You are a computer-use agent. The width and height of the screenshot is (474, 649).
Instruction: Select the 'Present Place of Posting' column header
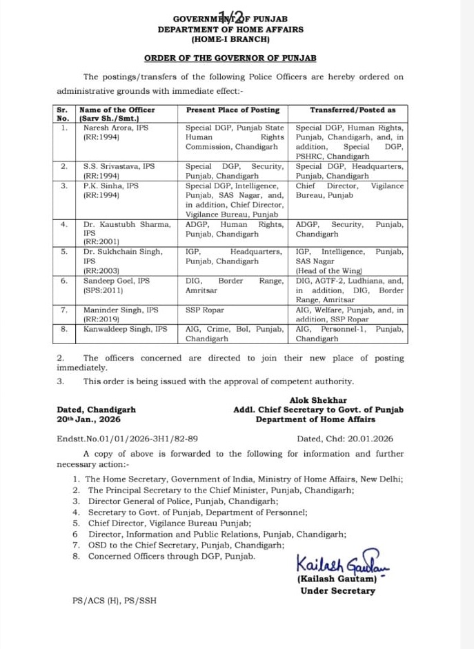233,110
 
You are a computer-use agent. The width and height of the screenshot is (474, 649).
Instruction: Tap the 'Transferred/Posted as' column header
352,110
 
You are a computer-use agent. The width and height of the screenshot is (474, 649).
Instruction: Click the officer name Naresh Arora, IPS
116,128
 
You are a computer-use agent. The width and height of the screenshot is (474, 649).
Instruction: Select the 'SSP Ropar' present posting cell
204,310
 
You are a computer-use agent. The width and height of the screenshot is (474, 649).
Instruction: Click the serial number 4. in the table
63,224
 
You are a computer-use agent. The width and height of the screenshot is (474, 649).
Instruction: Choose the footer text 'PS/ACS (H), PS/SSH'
115,601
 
